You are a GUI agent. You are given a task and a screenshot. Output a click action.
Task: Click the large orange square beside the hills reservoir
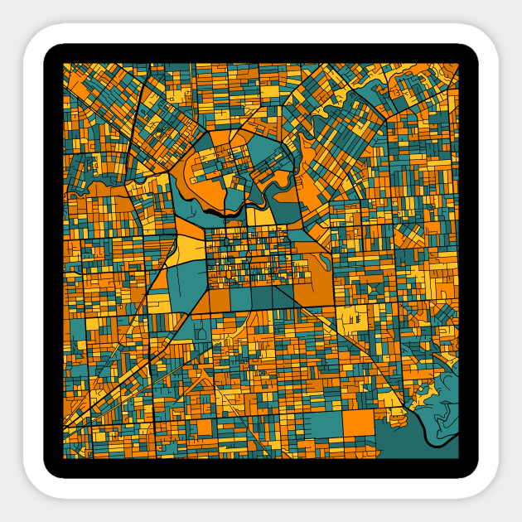pos(359,423)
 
